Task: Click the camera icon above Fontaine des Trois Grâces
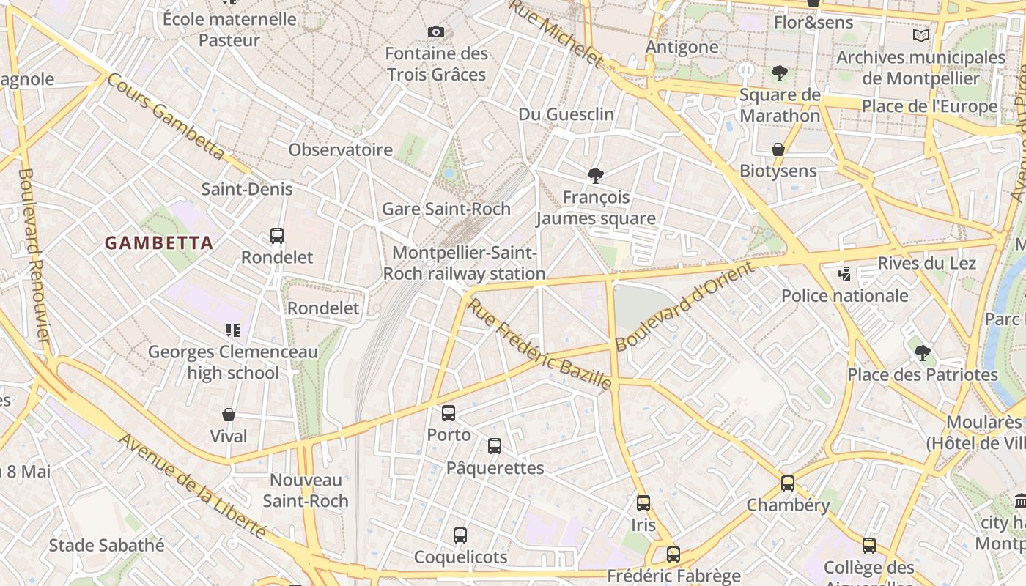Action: point(436,31)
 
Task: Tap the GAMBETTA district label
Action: point(159,242)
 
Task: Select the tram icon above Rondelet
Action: point(277,236)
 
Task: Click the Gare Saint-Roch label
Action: point(446,209)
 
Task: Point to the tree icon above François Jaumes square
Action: point(596,176)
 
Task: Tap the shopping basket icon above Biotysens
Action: point(778,149)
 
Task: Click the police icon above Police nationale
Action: point(844,274)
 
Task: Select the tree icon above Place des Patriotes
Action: point(923,353)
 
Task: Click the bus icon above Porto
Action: point(449,413)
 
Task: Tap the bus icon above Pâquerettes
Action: point(495,446)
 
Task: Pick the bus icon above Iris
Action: point(643,503)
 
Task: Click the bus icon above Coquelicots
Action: point(460,535)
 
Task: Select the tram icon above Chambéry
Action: point(788,483)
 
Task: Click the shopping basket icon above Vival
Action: point(229,415)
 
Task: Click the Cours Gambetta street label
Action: point(166,116)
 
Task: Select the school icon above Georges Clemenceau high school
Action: point(233,330)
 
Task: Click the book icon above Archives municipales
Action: point(921,35)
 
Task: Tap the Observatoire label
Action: point(340,150)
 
